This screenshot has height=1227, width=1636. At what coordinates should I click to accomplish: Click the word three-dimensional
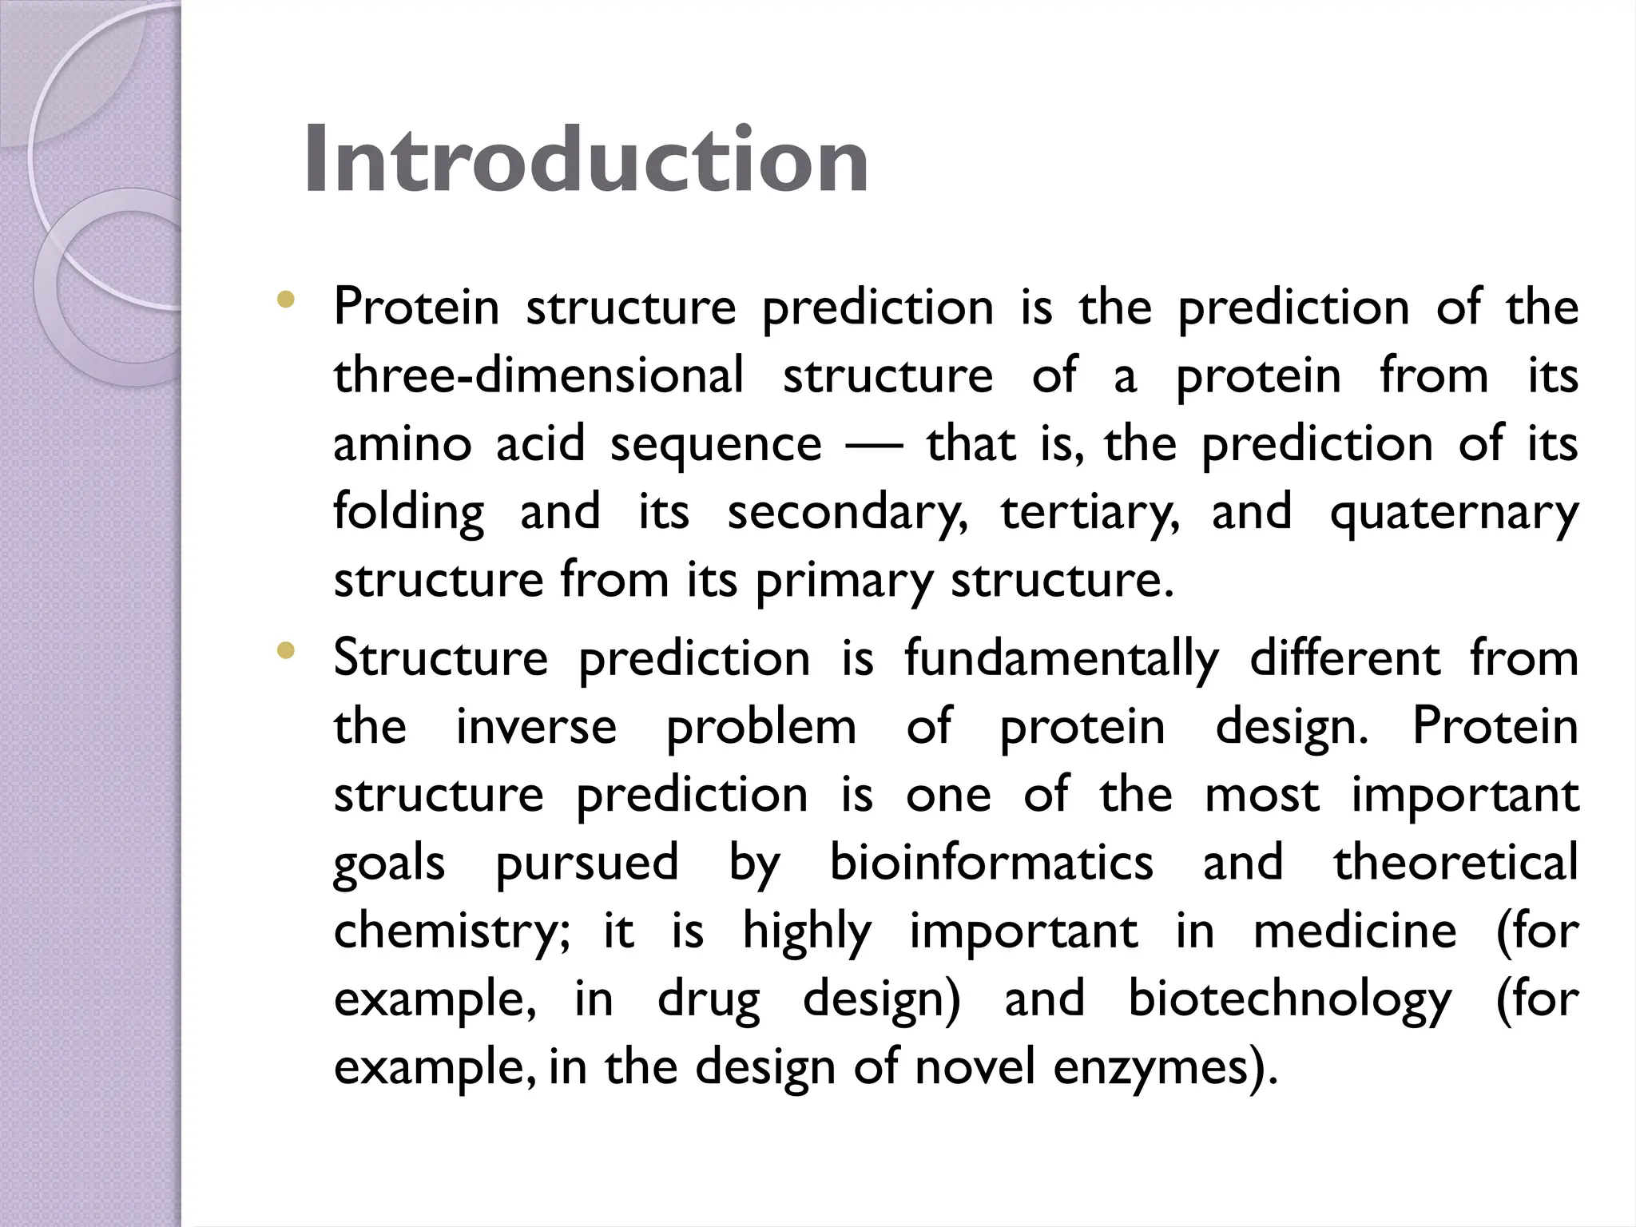pos(538,375)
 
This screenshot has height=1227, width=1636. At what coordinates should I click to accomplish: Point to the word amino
pos(402,444)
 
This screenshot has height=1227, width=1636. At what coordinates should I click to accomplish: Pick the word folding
pos(408,513)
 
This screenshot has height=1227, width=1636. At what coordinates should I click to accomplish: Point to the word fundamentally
pos(1062,659)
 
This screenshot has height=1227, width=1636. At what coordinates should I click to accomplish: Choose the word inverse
pos(536,727)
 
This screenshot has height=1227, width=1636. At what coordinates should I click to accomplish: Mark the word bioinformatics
pos(991,864)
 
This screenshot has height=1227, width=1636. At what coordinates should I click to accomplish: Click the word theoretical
pos(1455,864)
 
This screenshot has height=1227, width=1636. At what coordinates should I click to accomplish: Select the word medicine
pos(1355,931)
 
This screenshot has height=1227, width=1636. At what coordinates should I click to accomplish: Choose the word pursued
pos(586,864)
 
